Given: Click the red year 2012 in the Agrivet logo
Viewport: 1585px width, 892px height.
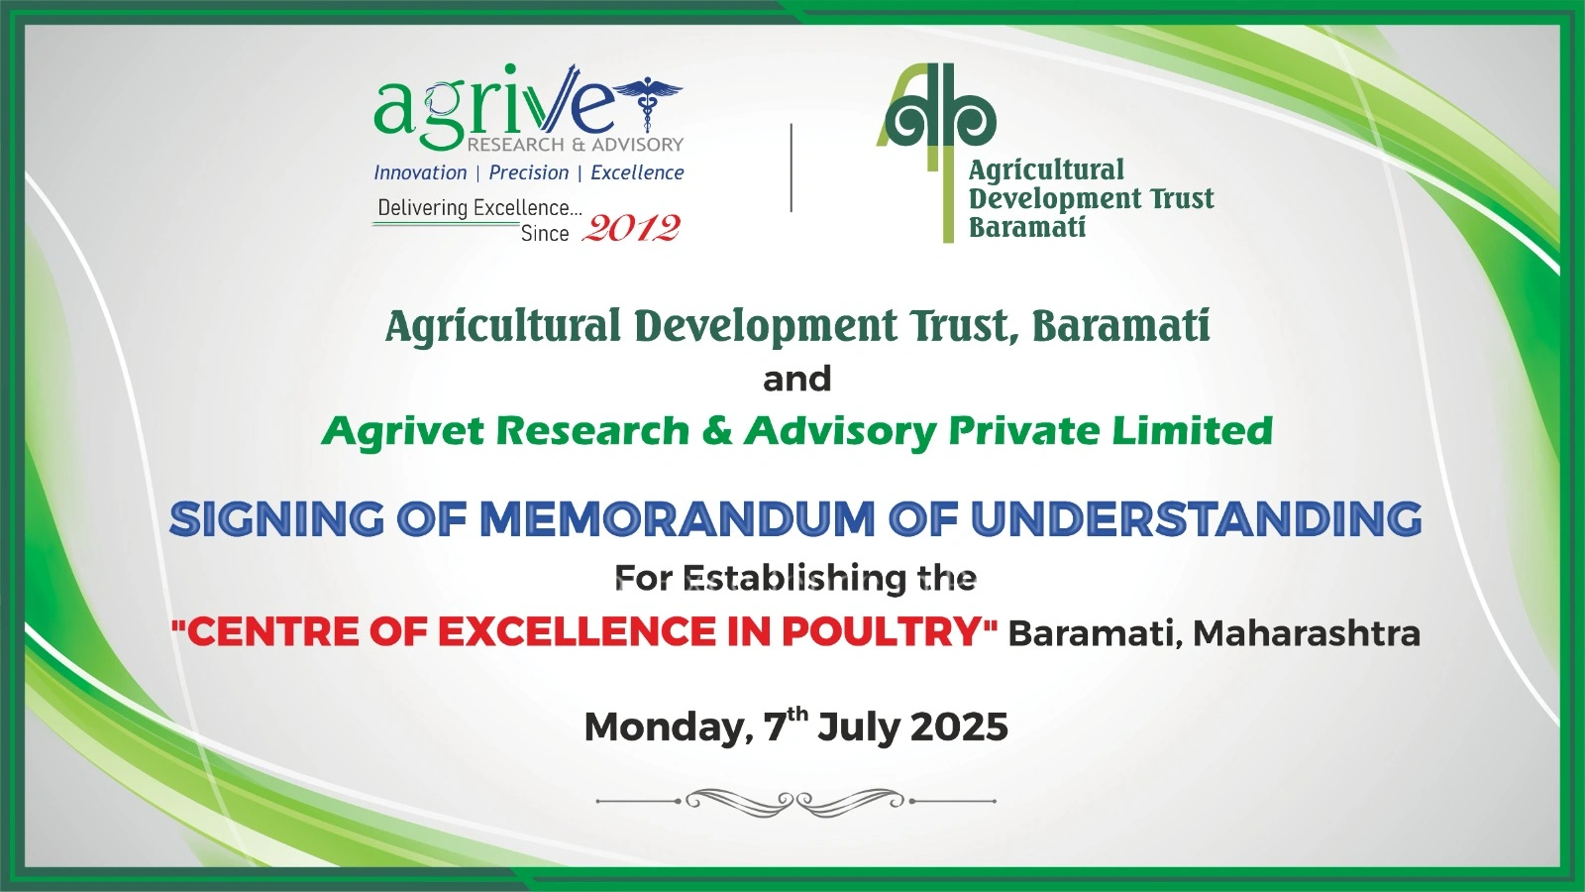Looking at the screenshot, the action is point(630,228).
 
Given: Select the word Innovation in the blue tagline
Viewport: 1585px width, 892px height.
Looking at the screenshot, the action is point(420,172).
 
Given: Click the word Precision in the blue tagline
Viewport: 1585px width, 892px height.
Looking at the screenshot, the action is point(529,172).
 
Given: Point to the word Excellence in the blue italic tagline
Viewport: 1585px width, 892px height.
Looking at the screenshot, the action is point(637,172).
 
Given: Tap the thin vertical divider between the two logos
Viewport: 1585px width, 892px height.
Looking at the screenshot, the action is point(792,167).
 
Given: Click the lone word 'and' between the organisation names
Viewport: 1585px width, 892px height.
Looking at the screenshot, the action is point(796,379).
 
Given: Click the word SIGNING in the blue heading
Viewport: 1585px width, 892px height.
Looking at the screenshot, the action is point(276,518).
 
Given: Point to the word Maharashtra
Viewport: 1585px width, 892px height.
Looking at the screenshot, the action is point(1307,633).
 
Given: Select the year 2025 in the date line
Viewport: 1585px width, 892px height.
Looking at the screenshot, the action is point(959,726).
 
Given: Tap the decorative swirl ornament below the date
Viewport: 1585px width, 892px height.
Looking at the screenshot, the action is point(796,802).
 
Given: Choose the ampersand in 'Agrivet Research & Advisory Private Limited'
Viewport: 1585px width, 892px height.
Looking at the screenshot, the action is point(717,430).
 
